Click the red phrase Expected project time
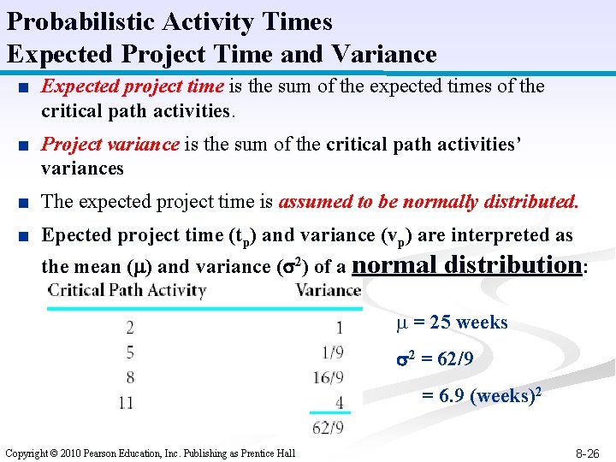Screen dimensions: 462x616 click(133, 86)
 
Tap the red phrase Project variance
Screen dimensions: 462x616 click(110, 145)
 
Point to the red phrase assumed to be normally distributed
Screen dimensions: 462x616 click(429, 202)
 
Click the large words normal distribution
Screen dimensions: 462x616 click(467, 264)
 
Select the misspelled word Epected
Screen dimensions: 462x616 click(77, 235)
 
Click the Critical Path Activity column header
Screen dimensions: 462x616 click(127, 290)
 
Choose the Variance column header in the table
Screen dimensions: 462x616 click(328, 290)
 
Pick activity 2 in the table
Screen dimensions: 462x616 click(129, 327)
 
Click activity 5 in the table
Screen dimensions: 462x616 click(129, 352)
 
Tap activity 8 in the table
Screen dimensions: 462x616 click(129, 376)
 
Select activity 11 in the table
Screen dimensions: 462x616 click(126, 402)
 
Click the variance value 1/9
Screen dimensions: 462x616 click(332, 352)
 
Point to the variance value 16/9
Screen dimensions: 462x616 click(329, 377)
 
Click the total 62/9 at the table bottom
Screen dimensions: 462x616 click(329, 427)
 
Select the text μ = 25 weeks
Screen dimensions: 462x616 click(452, 323)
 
